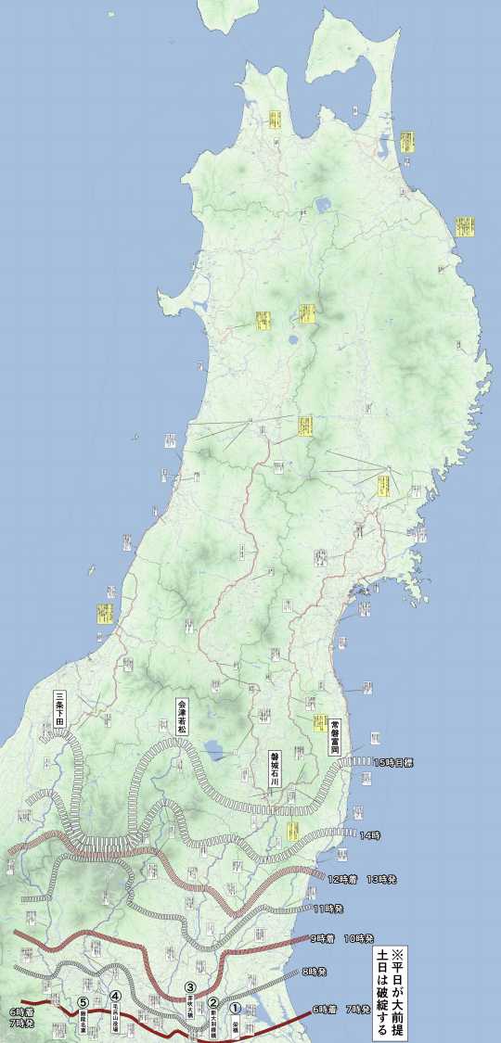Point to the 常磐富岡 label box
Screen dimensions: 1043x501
tap(335, 735)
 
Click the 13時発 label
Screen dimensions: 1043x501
tap(382, 878)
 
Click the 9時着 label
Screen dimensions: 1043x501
tap(324, 938)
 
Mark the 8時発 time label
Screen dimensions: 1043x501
tap(315, 972)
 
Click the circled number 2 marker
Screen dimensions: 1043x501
tap(213, 1002)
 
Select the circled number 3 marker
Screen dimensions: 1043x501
tap(190, 988)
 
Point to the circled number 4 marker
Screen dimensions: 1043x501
tap(115, 997)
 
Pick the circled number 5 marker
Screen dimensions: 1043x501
tap(83, 1002)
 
